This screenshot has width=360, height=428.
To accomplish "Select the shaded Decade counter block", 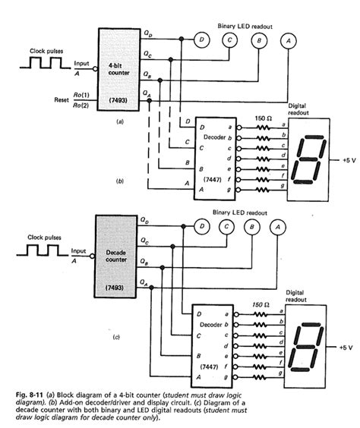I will pos(118,255).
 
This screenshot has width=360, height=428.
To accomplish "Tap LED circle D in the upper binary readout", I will pos(202,39).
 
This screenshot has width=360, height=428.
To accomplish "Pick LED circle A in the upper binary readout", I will pos(286,39).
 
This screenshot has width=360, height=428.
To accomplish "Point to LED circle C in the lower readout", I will pos(227,226).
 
